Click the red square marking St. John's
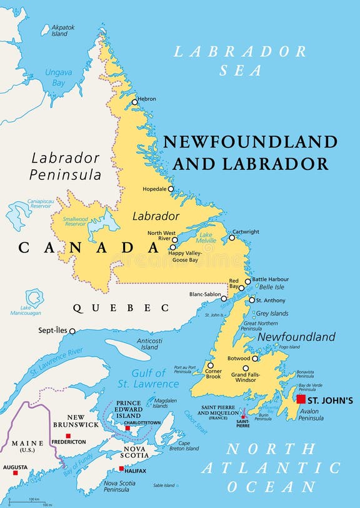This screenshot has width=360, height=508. [301, 399]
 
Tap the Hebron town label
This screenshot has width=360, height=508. [147, 99]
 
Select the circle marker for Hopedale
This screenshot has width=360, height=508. [171, 188]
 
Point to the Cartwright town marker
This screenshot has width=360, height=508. [231, 237]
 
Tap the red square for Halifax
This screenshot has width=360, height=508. [121, 469]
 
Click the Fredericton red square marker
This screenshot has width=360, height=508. [69, 436]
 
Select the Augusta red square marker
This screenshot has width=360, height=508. [16, 472]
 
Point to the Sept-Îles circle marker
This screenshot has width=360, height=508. [72, 331]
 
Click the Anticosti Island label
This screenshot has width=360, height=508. [149, 343]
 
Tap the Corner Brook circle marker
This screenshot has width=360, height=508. [210, 366]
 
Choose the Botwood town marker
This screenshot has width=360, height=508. [255, 359]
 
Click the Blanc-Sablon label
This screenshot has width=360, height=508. [204, 294]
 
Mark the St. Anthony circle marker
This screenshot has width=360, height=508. [252, 300]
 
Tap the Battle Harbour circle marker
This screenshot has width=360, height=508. [247, 281]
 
